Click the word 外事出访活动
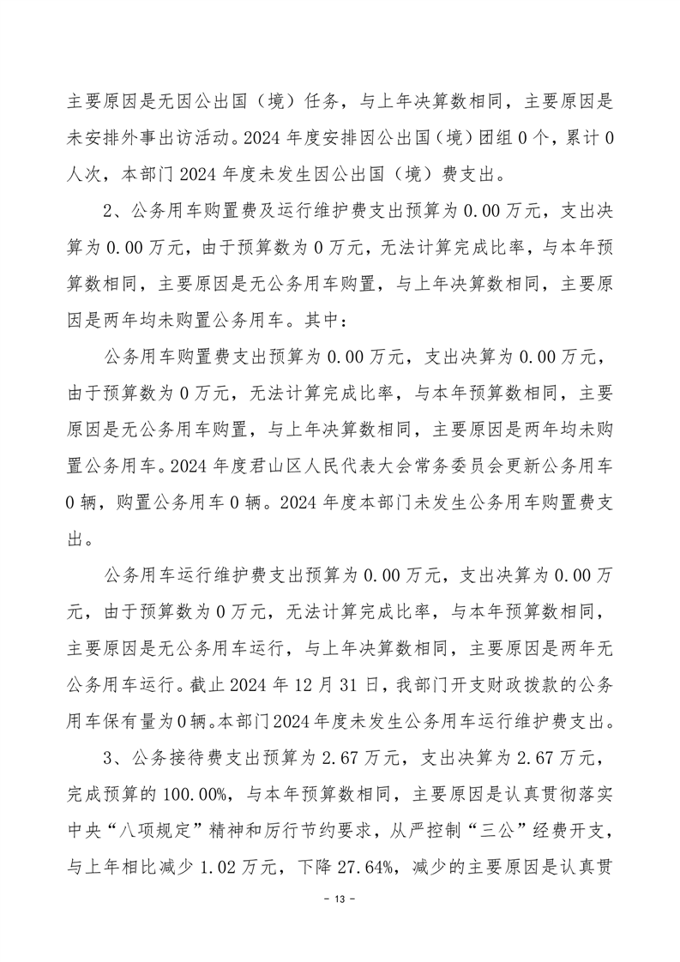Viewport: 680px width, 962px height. click(x=163, y=135)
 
